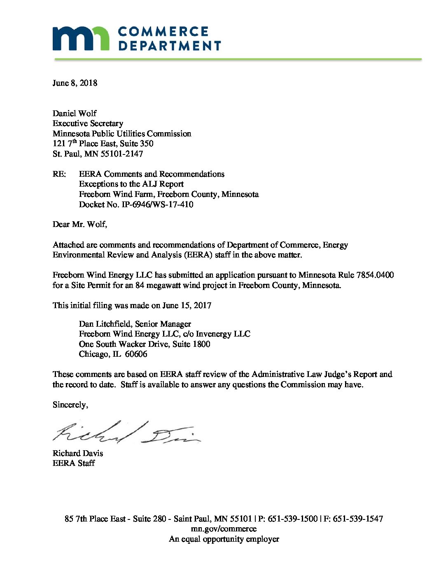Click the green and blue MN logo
pos(81,38)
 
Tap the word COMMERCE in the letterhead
pos(163,32)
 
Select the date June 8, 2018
pos(75,83)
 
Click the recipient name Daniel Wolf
pos(75,113)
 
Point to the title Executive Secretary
pos(88,124)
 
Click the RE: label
pos(59,174)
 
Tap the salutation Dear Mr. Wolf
pos(79,225)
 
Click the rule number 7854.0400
pos(375,275)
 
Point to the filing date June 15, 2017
pos(187,306)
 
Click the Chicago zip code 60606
pos(136,354)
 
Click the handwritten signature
pos(126,433)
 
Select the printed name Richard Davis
pos(78,454)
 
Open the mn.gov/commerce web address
pos(224,529)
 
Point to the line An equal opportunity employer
pos(224,539)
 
